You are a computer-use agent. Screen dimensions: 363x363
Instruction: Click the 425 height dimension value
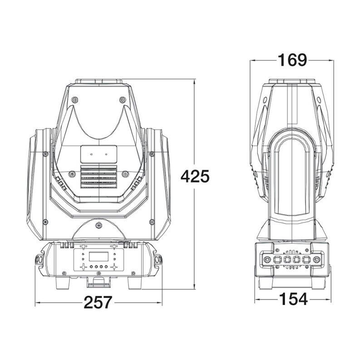(x=195, y=177)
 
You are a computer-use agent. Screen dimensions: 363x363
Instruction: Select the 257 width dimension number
(x=98, y=302)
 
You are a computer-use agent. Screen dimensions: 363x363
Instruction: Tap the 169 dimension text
(x=292, y=60)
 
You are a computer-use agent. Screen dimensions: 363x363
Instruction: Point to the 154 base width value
(x=294, y=299)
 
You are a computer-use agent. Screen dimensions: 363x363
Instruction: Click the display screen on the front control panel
(x=98, y=256)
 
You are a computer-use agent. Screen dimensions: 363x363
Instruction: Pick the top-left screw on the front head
(x=74, y=100)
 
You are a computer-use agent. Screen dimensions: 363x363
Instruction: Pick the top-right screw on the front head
(x=123, y=100)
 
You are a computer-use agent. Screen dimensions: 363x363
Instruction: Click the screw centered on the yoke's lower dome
(x=98, y=225)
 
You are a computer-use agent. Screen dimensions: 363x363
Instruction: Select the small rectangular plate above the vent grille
(x=98, y=154)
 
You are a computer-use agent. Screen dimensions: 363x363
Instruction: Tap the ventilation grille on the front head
(x=98, y=176)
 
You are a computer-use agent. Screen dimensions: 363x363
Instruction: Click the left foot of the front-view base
(x=63, y=283)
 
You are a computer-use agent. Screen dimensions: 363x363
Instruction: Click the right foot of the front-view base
(x=134, y=283)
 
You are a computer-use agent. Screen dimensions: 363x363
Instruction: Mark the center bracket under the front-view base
(x=98, y=282)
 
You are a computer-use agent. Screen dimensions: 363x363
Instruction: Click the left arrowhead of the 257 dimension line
(x=37, y=303)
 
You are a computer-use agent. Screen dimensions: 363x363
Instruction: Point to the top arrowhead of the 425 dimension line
(x=195, y=82)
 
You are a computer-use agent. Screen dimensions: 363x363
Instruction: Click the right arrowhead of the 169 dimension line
(x=331, y=60)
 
